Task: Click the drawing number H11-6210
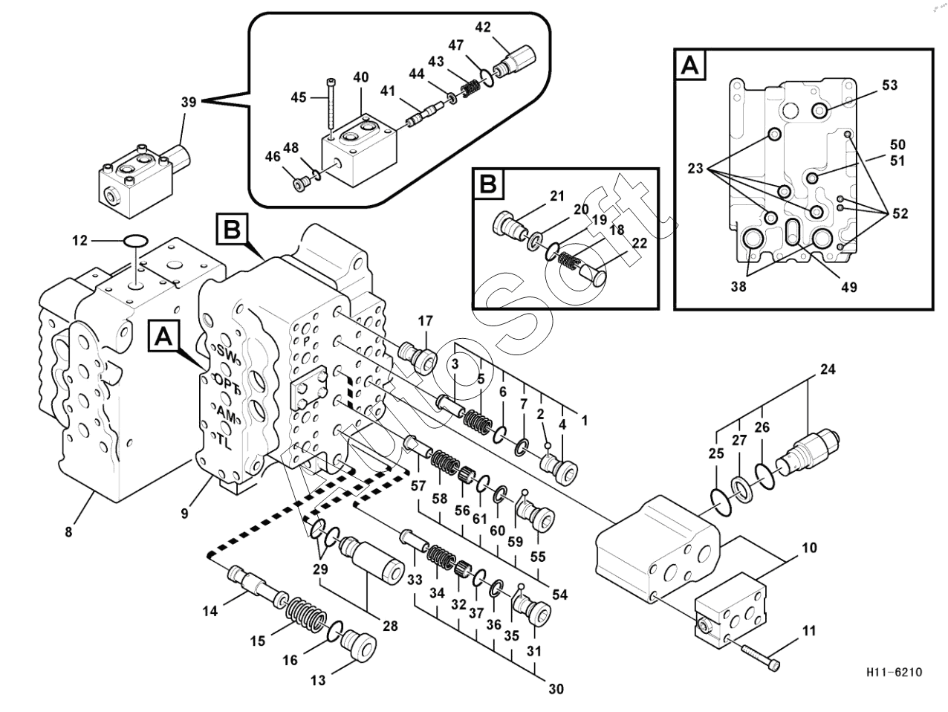[x=894, y=673]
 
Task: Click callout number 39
[x=189, y=103]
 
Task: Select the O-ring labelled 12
[x=134, y=240]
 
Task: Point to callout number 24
[x=828, y=369]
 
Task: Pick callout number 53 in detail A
[x=889, y=85]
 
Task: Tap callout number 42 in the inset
[x=483, y=27]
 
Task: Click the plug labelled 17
[x=419, y=355]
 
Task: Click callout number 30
[x=556, y=690]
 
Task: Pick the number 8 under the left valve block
[x=69, y=531]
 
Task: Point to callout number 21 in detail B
[x=557, y=196]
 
